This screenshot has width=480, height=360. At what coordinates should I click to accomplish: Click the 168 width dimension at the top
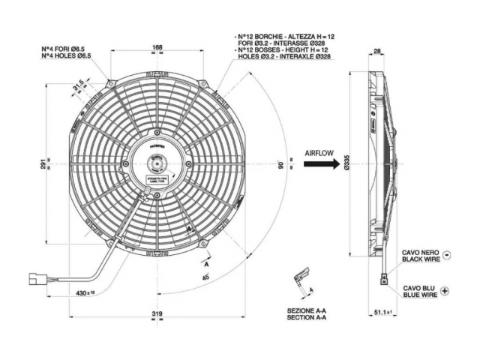pyautogui.click(x=157, y=49)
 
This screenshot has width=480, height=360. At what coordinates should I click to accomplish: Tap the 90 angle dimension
pyautogui.click(x=280, y=163)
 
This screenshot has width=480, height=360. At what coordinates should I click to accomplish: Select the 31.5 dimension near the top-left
pyautogui.click(x=79, y=88)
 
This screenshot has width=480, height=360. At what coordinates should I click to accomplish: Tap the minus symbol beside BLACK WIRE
pyautogui.click(x=446, y=254)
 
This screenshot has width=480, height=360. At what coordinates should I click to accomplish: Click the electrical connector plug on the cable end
pyautogui.click(x=35, y=279)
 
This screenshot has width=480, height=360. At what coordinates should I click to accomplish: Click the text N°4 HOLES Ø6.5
pyautogui.click(x=66, y=55)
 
